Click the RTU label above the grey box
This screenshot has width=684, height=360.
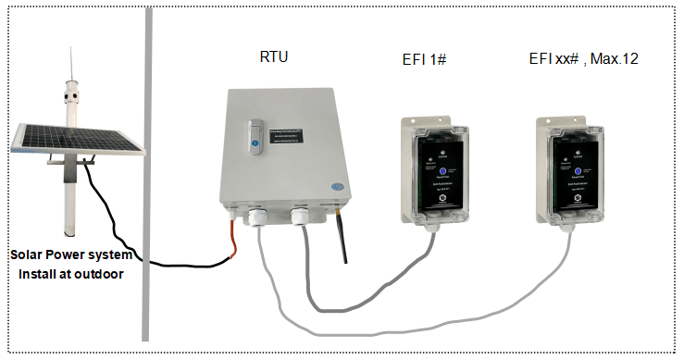[x=274, y=57]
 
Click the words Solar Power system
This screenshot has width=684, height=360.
[x=72, y=254]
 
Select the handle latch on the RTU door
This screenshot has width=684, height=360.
[x=256, y=133]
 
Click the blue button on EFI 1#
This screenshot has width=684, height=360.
[x=443, y=173]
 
